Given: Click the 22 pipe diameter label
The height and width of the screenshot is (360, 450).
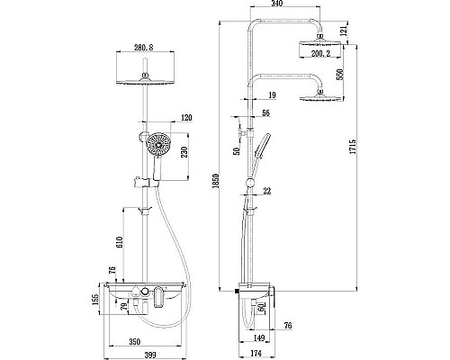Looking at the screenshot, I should click(x=267, y=190).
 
